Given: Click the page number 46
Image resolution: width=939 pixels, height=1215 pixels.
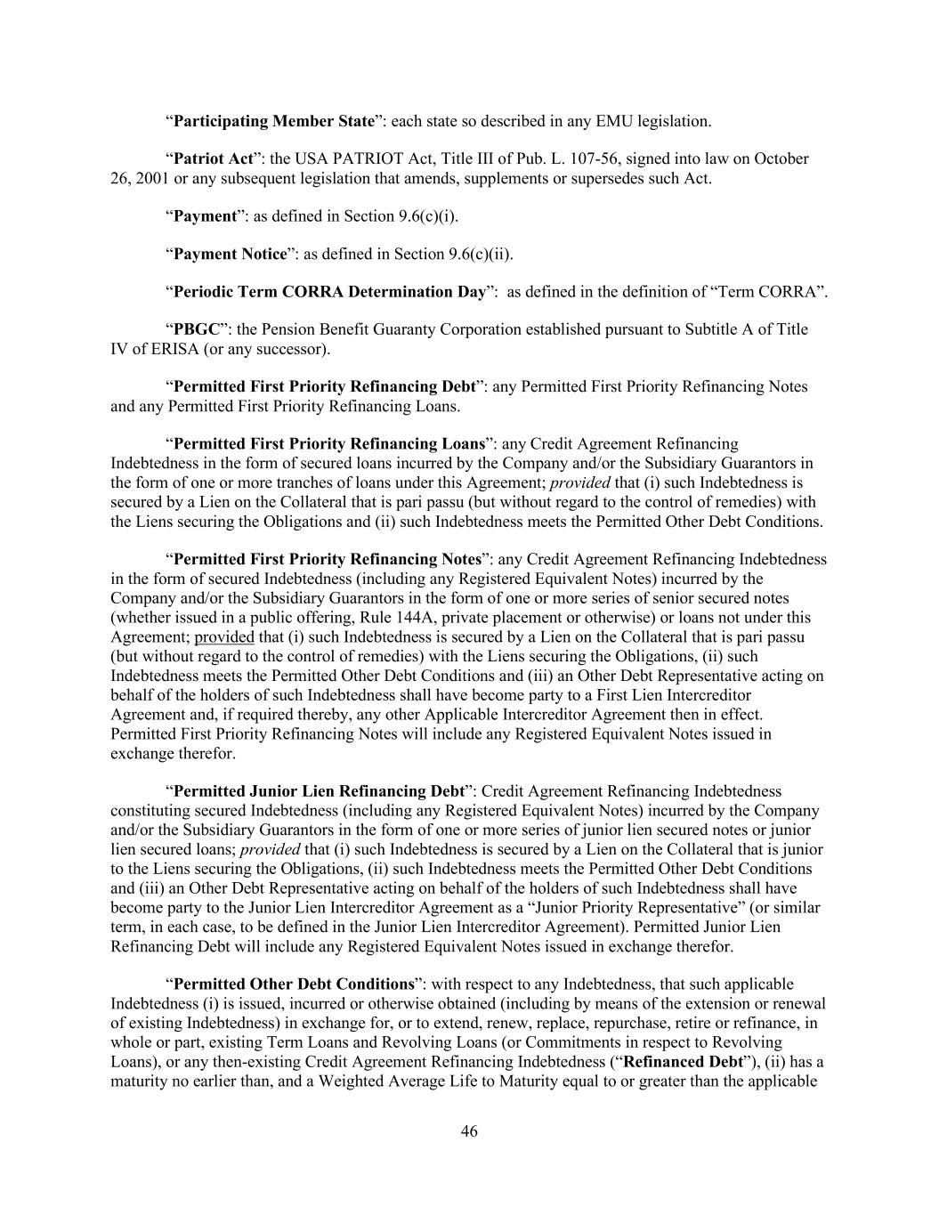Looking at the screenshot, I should tap(469, 1131).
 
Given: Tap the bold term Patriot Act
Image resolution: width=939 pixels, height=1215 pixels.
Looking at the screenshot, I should tap(214, 159).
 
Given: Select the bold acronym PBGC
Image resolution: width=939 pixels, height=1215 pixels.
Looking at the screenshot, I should tap(196, 329).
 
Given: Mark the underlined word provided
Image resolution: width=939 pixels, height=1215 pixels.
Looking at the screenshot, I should tap(224, 637).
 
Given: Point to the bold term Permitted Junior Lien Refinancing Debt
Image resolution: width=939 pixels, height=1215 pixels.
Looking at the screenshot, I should tap(319, 791).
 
